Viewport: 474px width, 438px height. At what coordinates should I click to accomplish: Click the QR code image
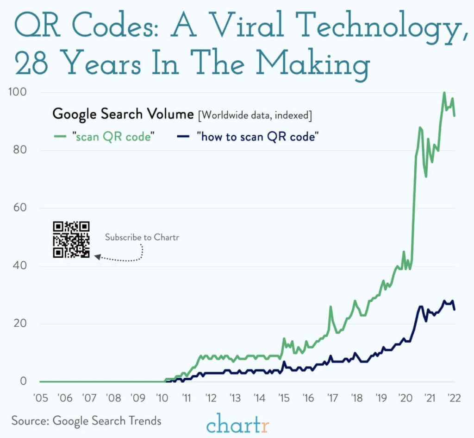71,240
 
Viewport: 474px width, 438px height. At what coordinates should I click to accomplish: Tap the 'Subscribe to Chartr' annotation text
142,237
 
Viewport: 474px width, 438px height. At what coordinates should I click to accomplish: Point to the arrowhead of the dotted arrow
97,257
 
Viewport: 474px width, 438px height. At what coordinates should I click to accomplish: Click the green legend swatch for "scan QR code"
60,137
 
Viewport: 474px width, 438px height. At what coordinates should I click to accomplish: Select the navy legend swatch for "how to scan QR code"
183,137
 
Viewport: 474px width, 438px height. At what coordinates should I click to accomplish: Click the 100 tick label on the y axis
18,92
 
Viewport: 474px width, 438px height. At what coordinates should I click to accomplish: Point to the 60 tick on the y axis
20,208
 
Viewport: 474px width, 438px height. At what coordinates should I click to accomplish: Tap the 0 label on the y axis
23,381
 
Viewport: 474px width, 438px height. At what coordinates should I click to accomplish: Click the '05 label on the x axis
41,398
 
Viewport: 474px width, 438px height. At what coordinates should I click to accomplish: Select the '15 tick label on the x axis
284,398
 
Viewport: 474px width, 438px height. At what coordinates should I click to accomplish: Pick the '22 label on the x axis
454,398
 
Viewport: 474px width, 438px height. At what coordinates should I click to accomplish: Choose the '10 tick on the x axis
162,398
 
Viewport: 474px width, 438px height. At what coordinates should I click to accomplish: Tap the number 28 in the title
31,63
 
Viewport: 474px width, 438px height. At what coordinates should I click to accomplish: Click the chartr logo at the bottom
237,424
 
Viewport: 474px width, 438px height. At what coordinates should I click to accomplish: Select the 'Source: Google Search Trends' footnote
87,421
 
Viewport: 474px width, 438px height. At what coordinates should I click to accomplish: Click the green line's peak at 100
444,92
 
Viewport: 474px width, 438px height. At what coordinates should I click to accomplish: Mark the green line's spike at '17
331,307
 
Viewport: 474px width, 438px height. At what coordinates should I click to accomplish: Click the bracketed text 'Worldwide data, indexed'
255,115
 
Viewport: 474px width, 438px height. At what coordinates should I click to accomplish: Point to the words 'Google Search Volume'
123,114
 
